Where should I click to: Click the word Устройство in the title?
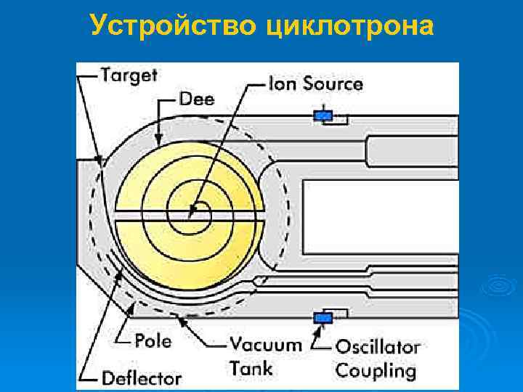[174, 27]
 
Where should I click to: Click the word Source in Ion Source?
[333, 83]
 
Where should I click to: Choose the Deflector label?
[142, 377]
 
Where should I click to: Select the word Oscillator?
[378, 347]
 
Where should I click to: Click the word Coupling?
[376, 371]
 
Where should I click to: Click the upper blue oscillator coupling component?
[323, 115]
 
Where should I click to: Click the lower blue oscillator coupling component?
[323, 317]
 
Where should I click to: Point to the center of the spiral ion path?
[192, 213]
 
